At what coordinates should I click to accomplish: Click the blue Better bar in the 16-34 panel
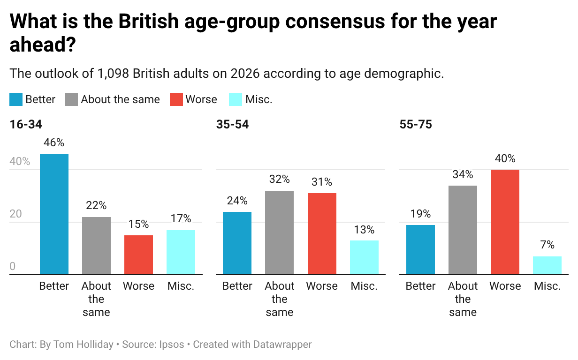tap(54, 214)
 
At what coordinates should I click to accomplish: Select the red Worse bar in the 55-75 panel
tap(505, 222)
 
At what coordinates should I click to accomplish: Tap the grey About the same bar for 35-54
tap(279, 232)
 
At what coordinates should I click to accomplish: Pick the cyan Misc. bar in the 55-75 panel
tap(547, 265)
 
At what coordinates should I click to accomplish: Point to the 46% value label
tap(54, 143)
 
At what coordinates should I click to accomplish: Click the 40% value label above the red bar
tap(505, 158)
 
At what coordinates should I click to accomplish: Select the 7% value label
tap(547, 245)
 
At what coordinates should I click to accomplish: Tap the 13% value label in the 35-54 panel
tap(364, 230)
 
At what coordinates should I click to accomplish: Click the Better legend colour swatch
tap(16, 99)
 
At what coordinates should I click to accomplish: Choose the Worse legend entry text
tap(201, 99)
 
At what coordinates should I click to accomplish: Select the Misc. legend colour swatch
tap(235, 99)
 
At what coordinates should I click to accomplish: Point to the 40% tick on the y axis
tap(20, 162)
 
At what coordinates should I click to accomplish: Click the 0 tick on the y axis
tap(13, 266)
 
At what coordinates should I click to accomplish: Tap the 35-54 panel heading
tap(232, 125)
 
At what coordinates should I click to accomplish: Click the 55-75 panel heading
tap(416, 125)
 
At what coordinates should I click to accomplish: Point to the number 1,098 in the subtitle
tap(114, 74)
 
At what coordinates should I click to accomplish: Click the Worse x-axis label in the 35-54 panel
tap(322, 286)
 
